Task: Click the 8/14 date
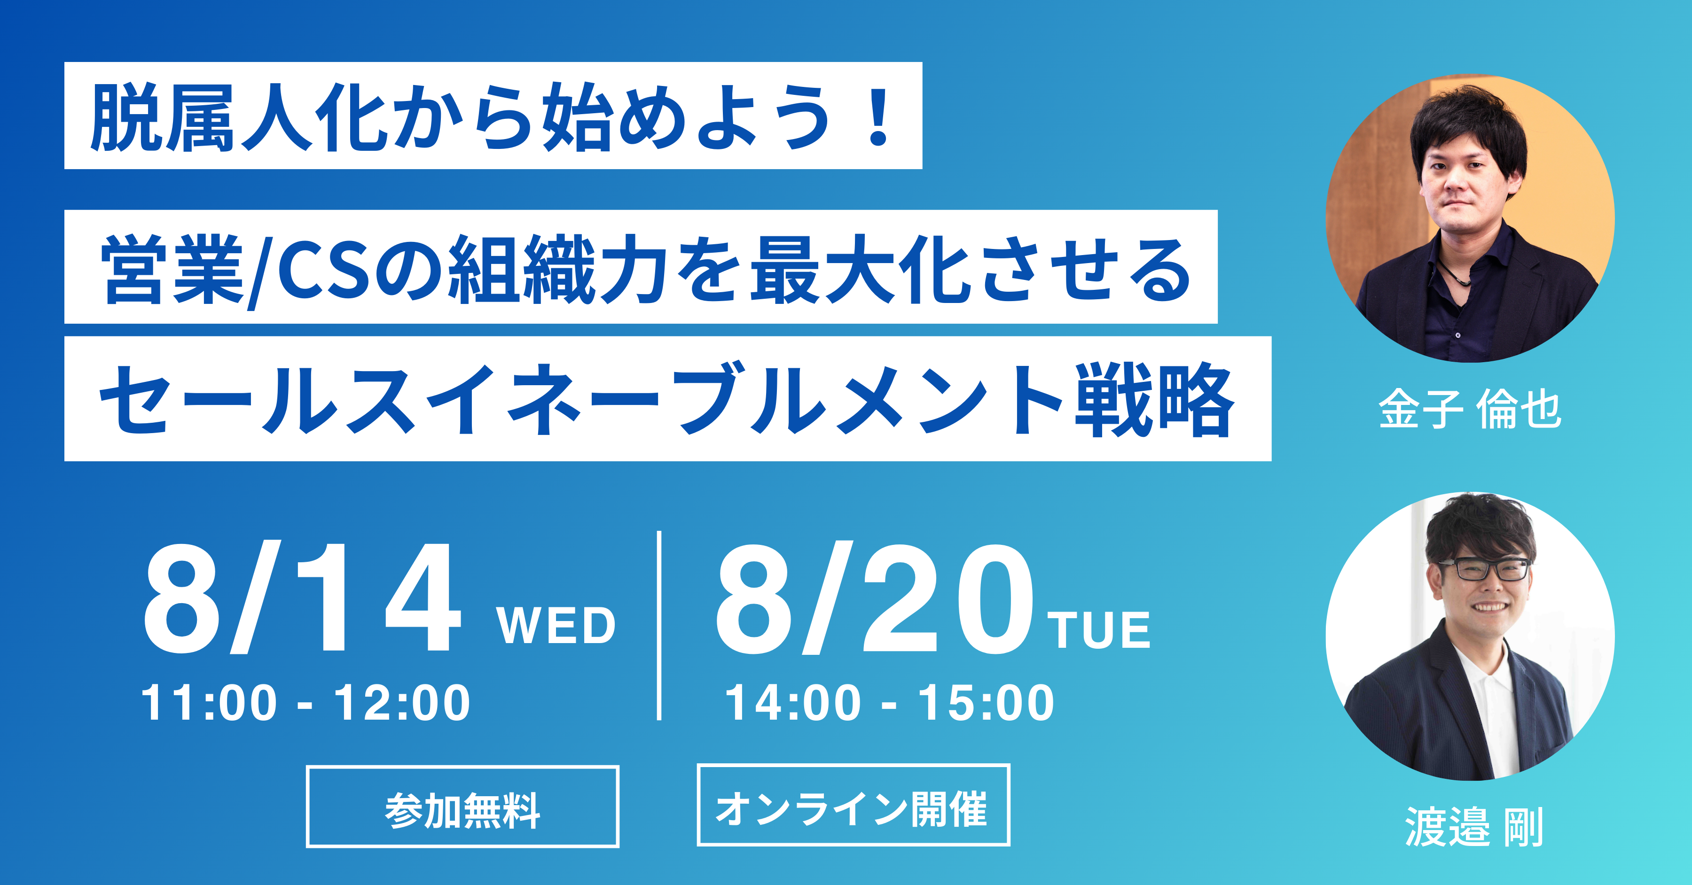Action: (x=301, y=598)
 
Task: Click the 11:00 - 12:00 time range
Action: (x=306, y=702)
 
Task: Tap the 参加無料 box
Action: (x=462, y=806)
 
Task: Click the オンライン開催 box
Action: (x=853, y=805)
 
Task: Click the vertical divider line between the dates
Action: (x=659, y=625)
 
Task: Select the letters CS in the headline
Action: (x=324, y=270)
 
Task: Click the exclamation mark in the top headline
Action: (x=877, y=117)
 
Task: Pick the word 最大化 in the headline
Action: (x=861, y=270)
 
